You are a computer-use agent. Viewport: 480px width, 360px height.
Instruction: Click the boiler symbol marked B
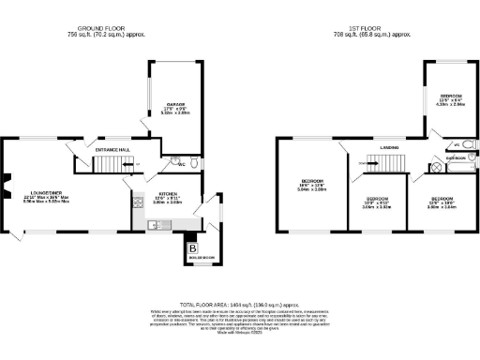(x=193, y=248)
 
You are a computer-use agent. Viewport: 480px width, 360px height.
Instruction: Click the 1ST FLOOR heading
(x=381, y=28)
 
